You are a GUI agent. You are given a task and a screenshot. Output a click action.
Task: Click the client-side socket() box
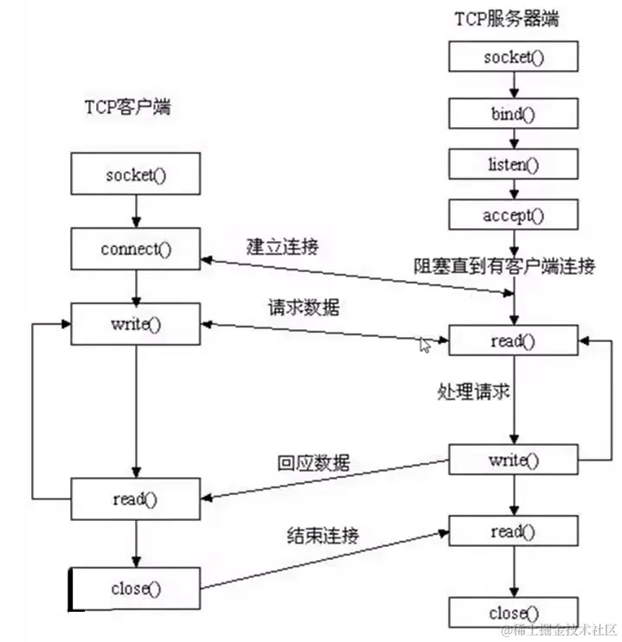pos(135,175)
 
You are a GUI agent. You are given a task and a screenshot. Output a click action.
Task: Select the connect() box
pos(135,250)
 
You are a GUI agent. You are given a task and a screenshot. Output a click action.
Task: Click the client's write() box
pos(135,324)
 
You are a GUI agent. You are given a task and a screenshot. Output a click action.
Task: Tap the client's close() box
pos(135,589)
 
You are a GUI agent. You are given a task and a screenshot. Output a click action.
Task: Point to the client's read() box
pos(135,499)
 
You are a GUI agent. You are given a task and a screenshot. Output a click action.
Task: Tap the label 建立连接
pos(282,245)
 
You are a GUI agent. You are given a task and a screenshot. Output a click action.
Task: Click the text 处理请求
pos(472,391)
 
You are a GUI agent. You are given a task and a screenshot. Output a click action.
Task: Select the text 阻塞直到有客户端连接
pos(503,266)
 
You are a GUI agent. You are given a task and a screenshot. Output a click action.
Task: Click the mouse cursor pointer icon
pos(425,345)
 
